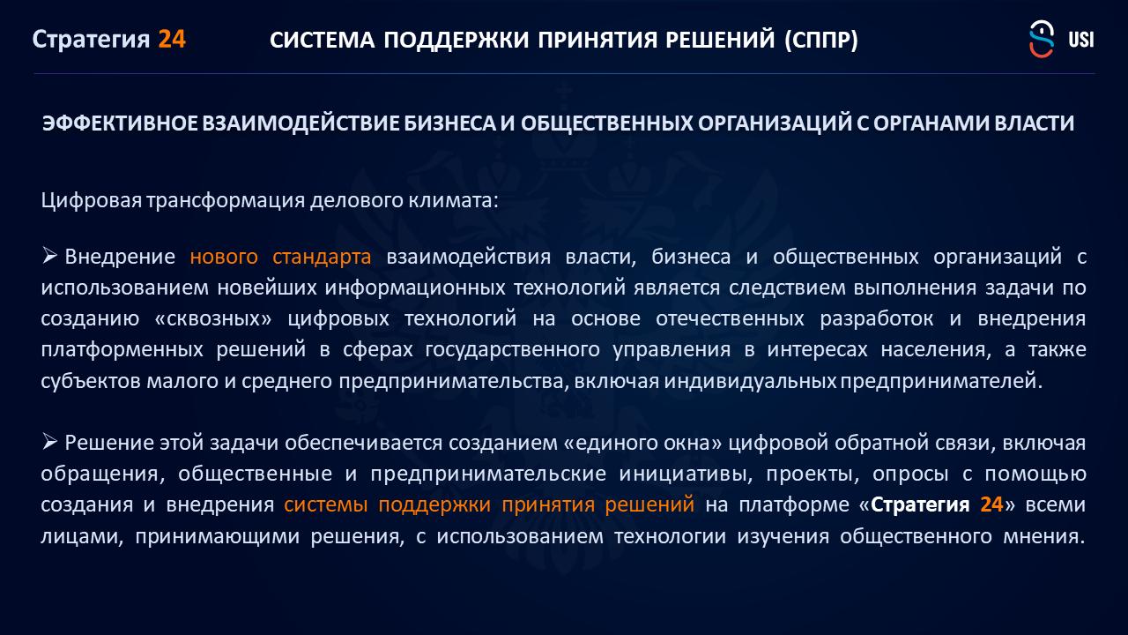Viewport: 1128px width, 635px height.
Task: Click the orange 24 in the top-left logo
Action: [x=172, y=40]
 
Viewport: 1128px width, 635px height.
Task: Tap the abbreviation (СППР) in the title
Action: [x=821, y=40]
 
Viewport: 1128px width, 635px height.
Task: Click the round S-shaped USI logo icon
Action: [x=1042, y=39]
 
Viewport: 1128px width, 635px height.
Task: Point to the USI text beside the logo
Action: [x=1080, y=40]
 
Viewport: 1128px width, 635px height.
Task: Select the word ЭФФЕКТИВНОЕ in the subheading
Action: [x=120, y=123]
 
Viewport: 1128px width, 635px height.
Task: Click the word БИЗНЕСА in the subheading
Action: [x=449, y=123]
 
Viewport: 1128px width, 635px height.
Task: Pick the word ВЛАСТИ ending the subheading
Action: [x=1035, y=123]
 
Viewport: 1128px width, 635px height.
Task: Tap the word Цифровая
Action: [x=91, y=200]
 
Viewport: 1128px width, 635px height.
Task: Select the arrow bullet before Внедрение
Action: [x=49, y=256]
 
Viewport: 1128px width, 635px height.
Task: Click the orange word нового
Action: [x=224, y=257]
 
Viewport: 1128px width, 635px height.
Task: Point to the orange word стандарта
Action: [x=322, y=257]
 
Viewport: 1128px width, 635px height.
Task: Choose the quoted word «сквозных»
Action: [x=213, y=318]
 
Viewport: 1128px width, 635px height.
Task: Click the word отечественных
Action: [x=730, y=318]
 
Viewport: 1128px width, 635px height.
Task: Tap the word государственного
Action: [x=513, y=349]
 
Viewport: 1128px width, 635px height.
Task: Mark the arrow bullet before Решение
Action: [x=49, y=442]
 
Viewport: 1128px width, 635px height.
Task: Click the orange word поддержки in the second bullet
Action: [x=434, y=504]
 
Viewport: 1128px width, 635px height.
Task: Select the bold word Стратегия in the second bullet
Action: [x=920, y=504]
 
